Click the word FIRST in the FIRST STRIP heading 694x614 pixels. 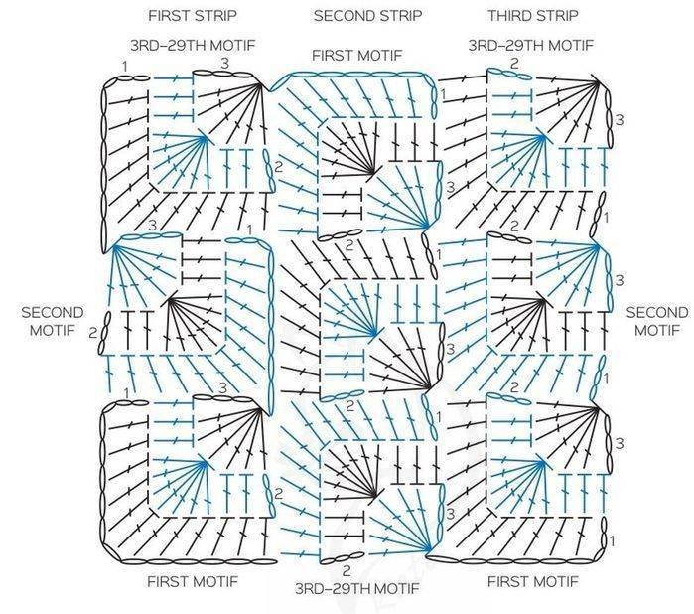tap(169, 16)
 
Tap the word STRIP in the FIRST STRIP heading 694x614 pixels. tap(215, 16)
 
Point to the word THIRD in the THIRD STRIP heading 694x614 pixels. tap(508, 16)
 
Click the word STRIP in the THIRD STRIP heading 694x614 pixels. tap(556, 16)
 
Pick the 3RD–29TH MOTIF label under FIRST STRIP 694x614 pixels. tap(193, 45)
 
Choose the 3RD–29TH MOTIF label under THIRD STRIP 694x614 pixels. tap(531, 45)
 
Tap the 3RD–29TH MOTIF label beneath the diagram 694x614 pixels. tap(356, 588)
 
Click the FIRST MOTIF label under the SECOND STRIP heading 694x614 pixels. tap(357, 56)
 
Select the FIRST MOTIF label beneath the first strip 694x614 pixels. tap(193, 581)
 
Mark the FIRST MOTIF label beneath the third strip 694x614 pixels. tap(533, 581)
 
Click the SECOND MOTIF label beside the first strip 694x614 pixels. tap(53, 321)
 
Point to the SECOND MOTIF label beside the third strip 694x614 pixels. tap(657, 321)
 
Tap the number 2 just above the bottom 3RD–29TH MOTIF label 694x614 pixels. tap(347, 569)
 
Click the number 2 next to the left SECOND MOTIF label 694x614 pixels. tap(92, 333)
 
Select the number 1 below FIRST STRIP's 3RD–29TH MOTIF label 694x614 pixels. tap(125, 67)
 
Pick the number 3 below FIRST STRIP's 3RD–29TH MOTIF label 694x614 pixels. tap(224, 64)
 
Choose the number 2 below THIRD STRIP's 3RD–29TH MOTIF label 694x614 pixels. tap(514, 64)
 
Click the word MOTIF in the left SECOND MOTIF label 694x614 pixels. tap(53, 331)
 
